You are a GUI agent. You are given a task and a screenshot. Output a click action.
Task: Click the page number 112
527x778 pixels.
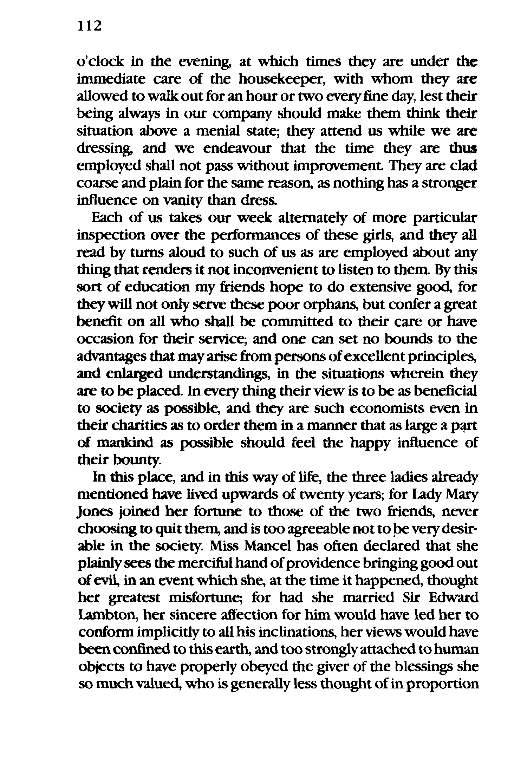click(90, 26)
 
